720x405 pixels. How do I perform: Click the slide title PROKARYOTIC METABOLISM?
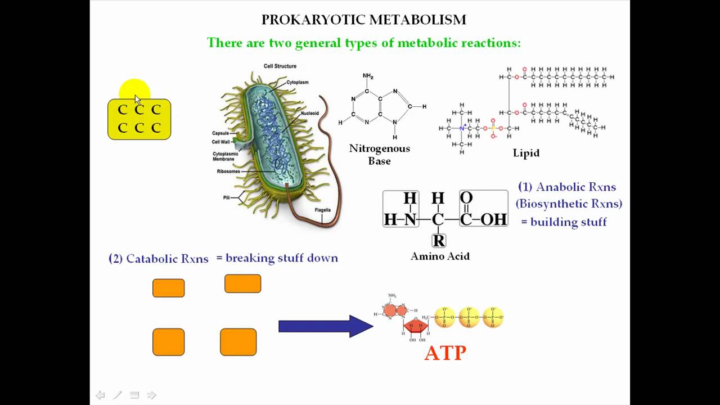tap(364, 20)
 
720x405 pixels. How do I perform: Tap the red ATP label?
tap(445, 353)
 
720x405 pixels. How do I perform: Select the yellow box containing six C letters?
tap(139, 119)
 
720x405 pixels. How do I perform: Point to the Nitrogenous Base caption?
tap(380, 155)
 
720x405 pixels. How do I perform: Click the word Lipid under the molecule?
tap(526, 153)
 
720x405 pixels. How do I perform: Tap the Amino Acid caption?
tap(440, 256)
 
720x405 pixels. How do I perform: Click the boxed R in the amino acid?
tap(439, 241)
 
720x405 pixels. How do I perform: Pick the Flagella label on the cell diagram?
tap(322, 210)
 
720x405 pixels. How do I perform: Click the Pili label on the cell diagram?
tap(226, 198)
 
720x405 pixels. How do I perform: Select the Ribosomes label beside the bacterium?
tap(228, 172)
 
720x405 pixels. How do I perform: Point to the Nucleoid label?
tap(309, 114)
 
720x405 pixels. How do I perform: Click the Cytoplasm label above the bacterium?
tap(297, 83)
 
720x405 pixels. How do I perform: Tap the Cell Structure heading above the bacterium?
tap(280, 66)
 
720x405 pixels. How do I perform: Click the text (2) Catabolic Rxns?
tap(158, 259)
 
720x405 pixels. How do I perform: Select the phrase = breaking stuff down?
tap(277, 258)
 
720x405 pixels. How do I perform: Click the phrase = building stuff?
tap(564, 222)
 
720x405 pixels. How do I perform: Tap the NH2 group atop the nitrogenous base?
tap(368, 76)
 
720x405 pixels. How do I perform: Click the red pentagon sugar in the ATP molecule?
tap(416, 326)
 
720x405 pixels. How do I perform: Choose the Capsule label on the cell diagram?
tap(220, 133)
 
